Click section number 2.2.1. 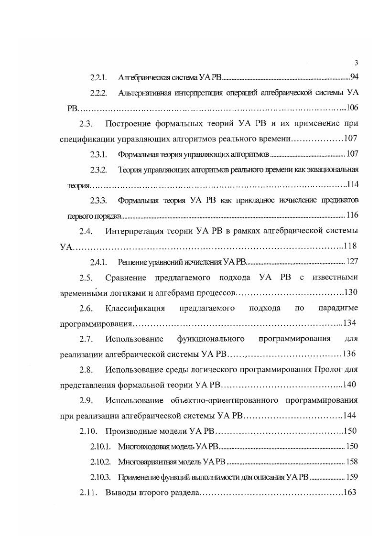click(x=98, y=77)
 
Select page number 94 click(x=354, y=77)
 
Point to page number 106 click(x=352, y=107)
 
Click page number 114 click(x=353, y=185)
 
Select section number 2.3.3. click(x=98, y=200)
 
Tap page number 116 click(x=352, y=215)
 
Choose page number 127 click(x=352, y=261)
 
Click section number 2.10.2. click(x=100, y=462)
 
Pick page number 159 click(x=352, y=477)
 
